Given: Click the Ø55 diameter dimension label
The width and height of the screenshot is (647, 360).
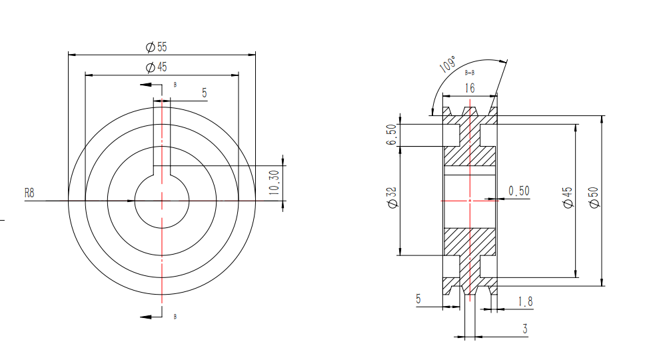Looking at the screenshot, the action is pyautogui.click(x=157, y=47).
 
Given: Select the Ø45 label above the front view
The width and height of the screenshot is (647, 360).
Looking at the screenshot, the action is pyautogui.click(x=157, y=67).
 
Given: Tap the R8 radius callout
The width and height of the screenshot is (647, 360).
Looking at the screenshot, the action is pyautogui.click(x=29, y=193).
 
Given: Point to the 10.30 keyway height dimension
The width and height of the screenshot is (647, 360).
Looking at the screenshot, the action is pyautogui.click(x=275, y=183).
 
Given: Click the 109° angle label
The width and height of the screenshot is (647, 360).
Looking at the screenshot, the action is pyautogui.click(x=448, y=64).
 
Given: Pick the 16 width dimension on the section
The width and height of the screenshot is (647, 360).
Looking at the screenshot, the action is pyautogui.click(x=470, y=88).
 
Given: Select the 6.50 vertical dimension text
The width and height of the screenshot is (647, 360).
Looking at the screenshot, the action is pyautogui.click(x=391, y=135).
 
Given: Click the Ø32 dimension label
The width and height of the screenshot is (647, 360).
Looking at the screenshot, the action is pyautogui.click(x=392, y=197).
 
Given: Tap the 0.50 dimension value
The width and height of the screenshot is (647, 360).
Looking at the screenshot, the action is pyautogui.click(x=518, y=191).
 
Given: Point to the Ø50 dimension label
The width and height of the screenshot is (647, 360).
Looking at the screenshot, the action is pyautogui.click(x=594, y=197).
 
